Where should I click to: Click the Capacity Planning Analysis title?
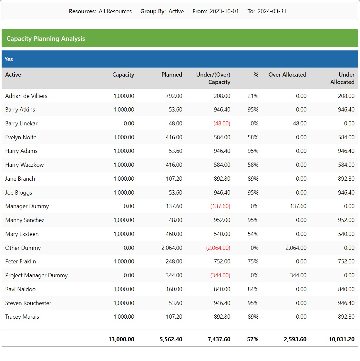point(46,38)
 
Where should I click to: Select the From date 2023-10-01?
point(224,11)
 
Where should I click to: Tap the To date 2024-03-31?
point(272,11)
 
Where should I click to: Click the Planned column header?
point(171,75)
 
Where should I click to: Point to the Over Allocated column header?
point(287,75)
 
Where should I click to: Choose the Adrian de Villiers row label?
point(26,96)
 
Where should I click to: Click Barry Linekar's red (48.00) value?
point(222,123)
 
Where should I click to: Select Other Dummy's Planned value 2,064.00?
point(171,248)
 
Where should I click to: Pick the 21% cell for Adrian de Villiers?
point(253,96)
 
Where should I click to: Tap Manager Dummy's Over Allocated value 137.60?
point(298,206)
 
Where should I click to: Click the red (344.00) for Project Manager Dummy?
point(220,275)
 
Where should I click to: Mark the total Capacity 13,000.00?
point(121,339)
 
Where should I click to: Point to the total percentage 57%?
point(252,339)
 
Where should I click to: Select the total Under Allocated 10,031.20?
point(342,339)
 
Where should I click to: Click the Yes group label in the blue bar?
point(9,59)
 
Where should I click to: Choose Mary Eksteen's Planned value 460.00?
point(174,234)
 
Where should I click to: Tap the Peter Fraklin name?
point(20,261)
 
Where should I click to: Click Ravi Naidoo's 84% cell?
point(253,289)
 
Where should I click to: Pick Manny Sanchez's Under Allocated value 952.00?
point(346,220)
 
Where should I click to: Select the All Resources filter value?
point(115,11)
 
